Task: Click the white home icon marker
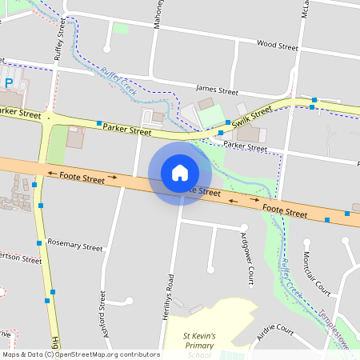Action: (179, 172)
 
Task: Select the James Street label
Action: (217, 91)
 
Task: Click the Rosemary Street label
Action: (74, 244)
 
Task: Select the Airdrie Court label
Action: (276, 334)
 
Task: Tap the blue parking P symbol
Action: (9, 82)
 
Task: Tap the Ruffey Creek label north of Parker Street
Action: (118, 83)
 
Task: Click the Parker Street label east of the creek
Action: (246, 146)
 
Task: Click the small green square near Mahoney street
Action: (121, 28)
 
